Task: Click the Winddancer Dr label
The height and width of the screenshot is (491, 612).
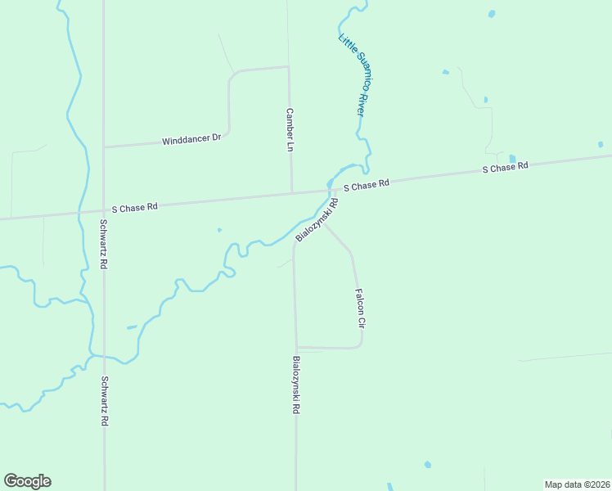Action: coord(191,139)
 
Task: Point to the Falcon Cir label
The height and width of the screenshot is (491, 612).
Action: coord(358,308)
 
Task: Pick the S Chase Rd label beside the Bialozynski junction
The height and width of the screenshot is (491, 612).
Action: coord(366,186)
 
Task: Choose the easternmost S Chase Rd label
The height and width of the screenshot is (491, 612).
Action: coord(505,167)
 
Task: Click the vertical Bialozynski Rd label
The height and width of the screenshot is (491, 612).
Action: coord(295,384)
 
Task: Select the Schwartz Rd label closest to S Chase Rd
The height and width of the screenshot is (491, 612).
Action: coord(104,245)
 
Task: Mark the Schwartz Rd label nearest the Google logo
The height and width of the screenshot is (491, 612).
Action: coord(104,401)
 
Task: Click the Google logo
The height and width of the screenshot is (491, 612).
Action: coord(27,481)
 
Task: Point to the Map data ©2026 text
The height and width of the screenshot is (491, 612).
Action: coord(577,484)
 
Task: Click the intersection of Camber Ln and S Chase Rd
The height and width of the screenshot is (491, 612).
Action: coord(292,194)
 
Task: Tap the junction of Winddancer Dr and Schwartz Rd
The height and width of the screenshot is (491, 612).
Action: coord(104,147)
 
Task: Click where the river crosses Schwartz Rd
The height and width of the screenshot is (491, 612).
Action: coord(104,357)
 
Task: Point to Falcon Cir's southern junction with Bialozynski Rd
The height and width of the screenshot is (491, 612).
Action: coord(296,347)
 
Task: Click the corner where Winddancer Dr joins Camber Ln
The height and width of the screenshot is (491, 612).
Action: coord(289,67)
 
